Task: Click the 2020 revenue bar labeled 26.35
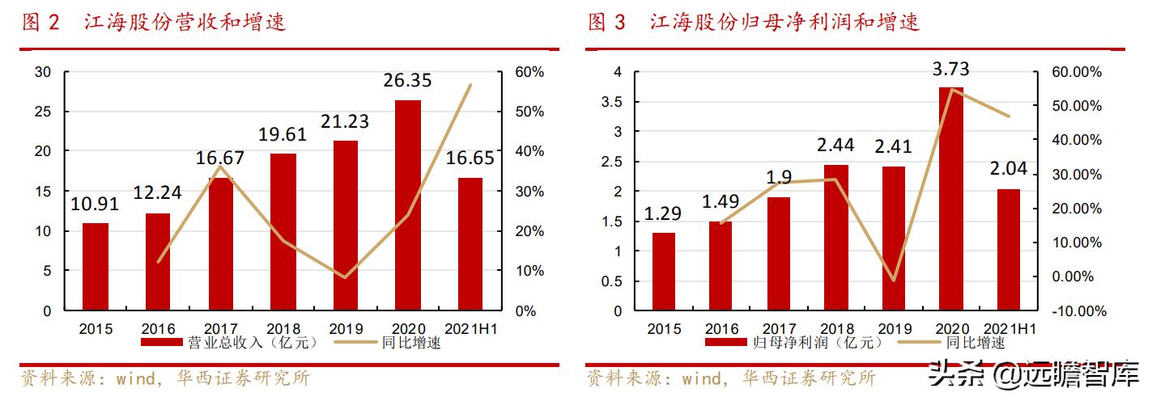pos(408,205)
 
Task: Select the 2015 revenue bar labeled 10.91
pos(96,267)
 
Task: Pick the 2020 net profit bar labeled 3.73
pos(951,199)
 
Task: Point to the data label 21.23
pos(346,121)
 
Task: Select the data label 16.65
pos(470,158)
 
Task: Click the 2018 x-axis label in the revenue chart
pos(283,329)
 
